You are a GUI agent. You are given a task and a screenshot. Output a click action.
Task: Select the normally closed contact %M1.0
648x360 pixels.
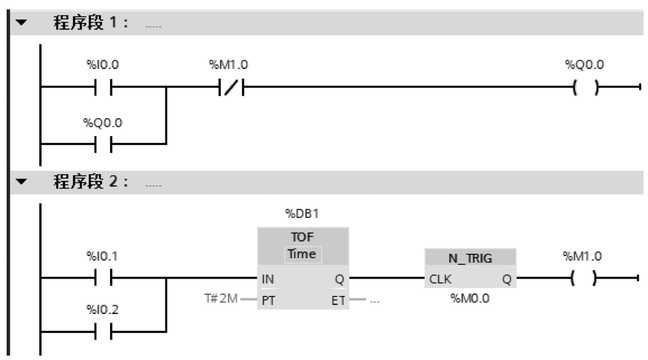point(229,87)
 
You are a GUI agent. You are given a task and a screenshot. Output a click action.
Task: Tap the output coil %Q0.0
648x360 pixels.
point(584,87)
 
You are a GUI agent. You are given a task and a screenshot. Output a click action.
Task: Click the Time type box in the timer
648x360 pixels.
point(303,254)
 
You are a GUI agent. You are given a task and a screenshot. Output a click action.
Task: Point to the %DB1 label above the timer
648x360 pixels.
point(303,213)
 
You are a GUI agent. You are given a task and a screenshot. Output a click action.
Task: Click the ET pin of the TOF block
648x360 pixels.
point(337,301)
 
